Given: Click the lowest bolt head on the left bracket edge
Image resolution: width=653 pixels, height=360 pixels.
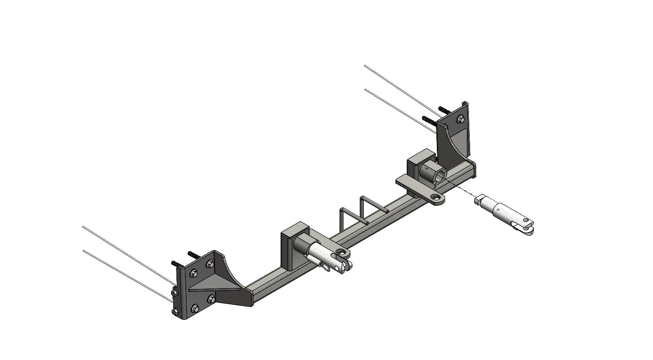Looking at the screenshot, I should coord(175,312).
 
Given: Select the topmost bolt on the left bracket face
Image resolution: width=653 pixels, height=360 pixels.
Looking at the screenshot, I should coord(210,264).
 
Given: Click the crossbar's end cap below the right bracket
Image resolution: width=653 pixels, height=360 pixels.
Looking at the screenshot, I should coord(473,168).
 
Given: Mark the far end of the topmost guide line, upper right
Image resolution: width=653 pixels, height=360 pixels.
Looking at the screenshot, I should coord(365,65).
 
